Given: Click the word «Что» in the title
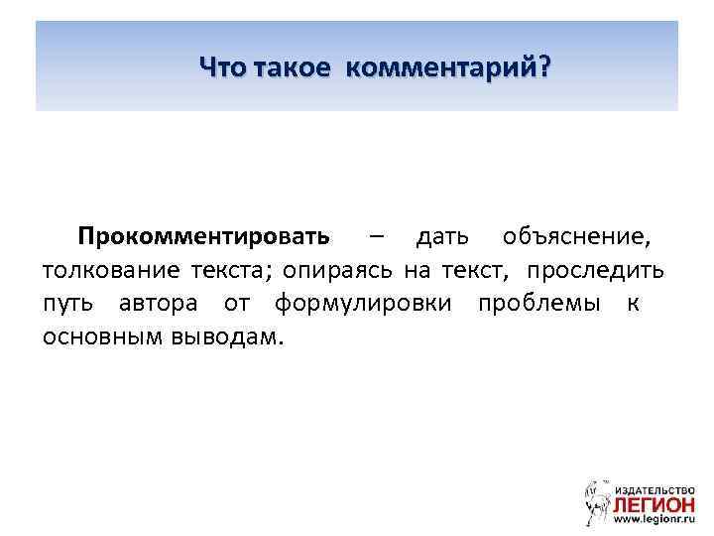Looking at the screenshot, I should coord(222,67).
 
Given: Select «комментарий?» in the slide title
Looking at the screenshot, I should coord(448,67).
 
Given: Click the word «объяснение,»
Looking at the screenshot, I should coord(577,238).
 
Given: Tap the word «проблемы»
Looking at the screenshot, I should coord(537,303).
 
